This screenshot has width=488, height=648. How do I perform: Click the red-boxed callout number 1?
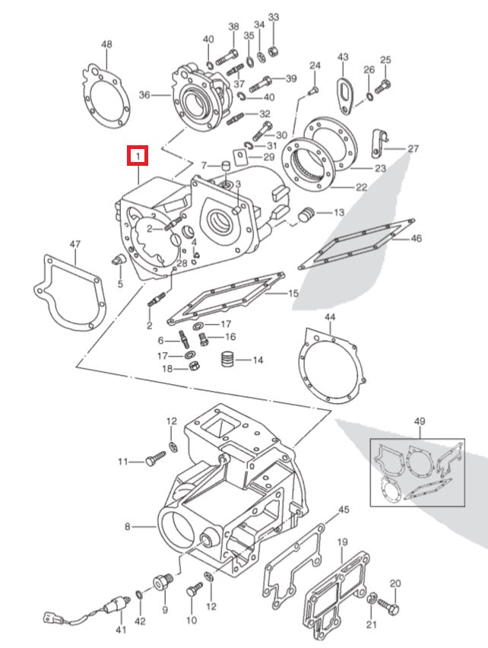[x=138, y=157]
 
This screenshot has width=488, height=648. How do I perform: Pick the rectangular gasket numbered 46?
[x=357, y=243]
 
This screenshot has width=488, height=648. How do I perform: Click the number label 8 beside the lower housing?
[x=128, y=526]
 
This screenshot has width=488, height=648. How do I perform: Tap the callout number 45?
[x=344, y=509]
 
